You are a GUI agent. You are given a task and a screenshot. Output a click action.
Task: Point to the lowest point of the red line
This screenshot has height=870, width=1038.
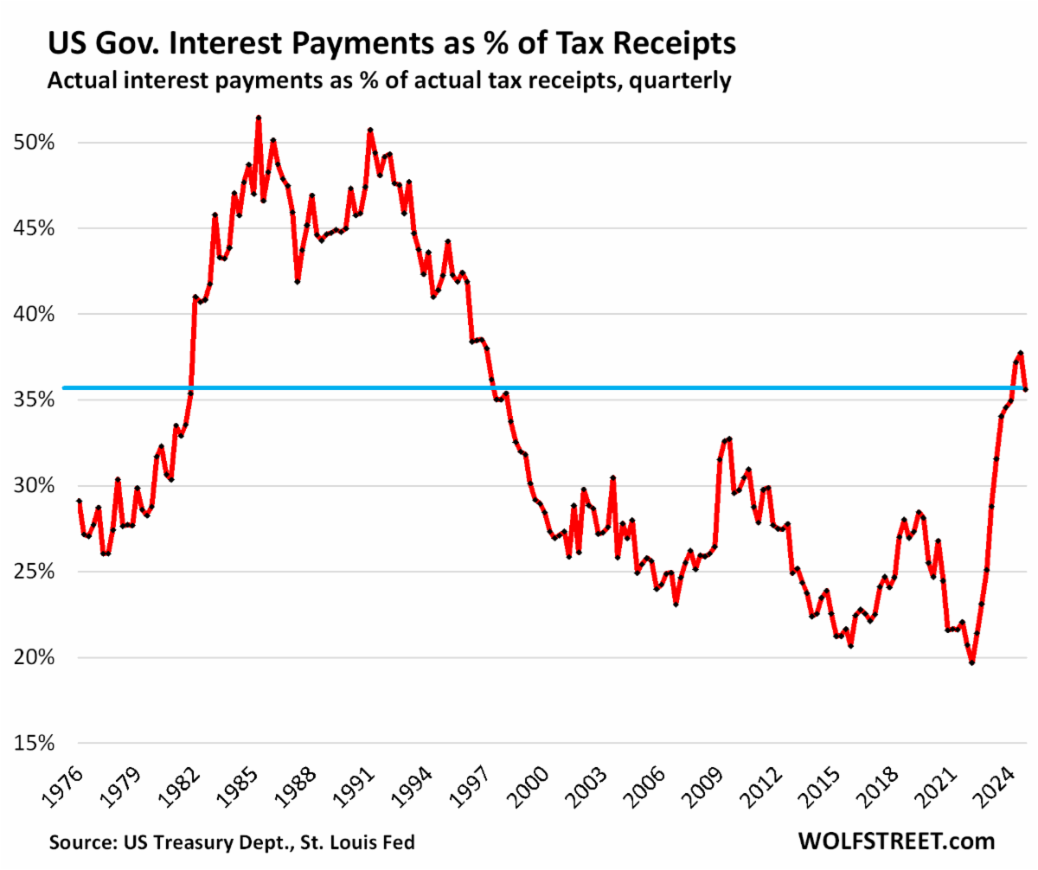coord(971,662)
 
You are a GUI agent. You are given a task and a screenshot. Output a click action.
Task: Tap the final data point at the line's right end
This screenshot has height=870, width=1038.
coord(1026,390)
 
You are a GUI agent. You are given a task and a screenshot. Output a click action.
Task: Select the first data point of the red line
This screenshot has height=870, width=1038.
coord(80,502)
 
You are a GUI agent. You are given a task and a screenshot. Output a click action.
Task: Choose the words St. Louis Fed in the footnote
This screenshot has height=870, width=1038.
coord(369,841)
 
